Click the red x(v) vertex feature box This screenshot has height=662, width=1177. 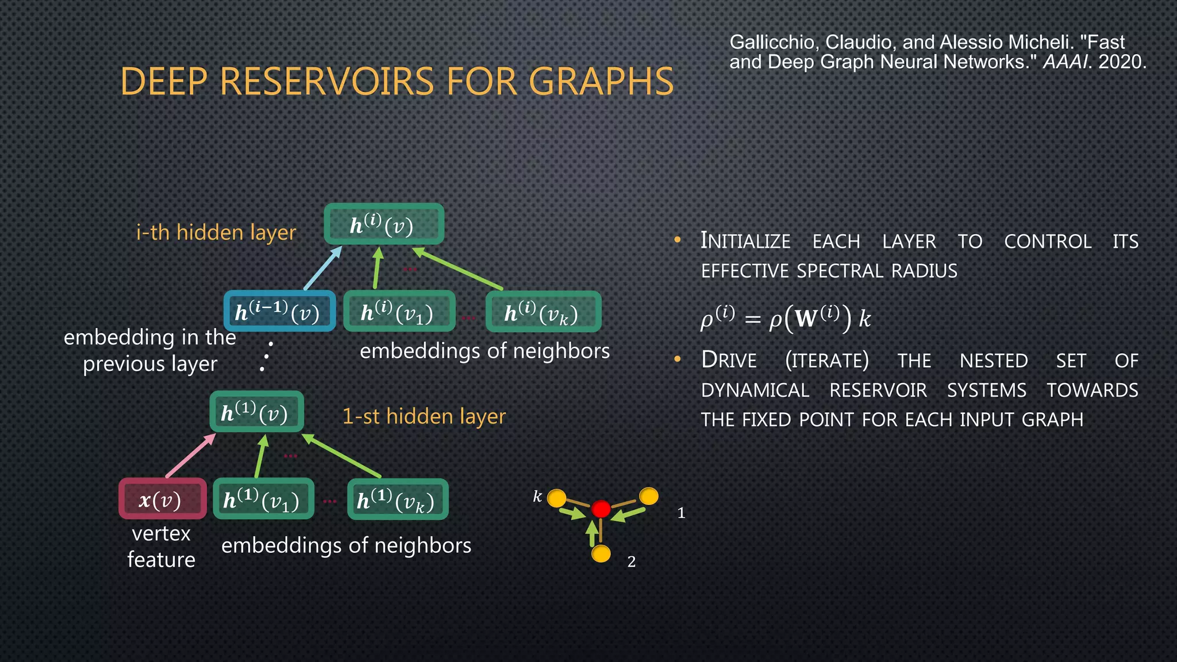(162, 499)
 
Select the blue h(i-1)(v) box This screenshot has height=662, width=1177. (279, 311)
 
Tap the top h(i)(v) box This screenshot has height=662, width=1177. (384, 224)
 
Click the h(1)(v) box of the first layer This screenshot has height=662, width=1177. (256, 412)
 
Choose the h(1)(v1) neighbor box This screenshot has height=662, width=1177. (263, 499)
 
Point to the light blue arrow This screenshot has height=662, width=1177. (322, 268)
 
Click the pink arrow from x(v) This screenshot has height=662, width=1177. (191, 456)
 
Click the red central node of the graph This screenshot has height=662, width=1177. (601, 509)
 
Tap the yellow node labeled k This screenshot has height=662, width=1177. (556, 498)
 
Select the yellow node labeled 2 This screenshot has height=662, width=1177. (601, 554)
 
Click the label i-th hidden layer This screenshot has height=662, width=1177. (216, 232)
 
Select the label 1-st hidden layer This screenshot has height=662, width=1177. (424, 416)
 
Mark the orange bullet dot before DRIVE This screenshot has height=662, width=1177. (678, 360)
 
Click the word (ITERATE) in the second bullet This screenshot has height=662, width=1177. (826, 361)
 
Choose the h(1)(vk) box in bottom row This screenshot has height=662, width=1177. (397, 499)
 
